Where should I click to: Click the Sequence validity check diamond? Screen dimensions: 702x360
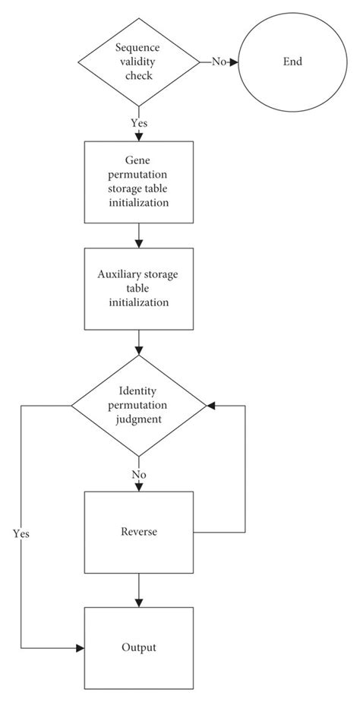coord(138,62)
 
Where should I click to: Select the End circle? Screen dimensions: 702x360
coord(291,62)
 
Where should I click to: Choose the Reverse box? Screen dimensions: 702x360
coord(138,532)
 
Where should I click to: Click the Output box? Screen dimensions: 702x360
coord(138,647)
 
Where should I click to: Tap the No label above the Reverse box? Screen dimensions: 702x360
coord(138,475)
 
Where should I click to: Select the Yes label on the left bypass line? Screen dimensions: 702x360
coord(21,533)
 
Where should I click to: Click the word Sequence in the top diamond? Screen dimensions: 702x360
coord(138,48)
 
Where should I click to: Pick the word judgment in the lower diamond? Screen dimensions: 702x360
coord(138,419)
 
